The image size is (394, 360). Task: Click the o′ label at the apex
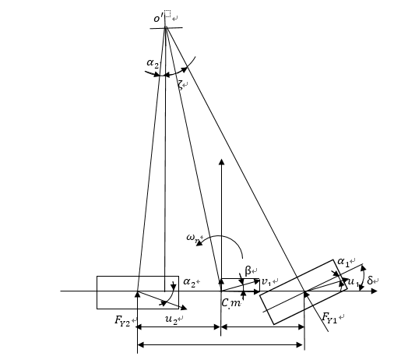(x=158, y=18)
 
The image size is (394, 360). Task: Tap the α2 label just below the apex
(x=153, y=63)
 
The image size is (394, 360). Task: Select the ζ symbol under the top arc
(x=181, y=85)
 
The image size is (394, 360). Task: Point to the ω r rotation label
(x=193, y=238)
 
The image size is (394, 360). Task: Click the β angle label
(x=248, y=271)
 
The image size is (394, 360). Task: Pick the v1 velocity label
(x=266, y=281)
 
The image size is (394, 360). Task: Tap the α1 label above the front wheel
(x=343, y=262)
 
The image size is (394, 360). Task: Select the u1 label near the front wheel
(x=354, y=282)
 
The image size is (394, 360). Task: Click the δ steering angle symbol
(x=370, y=281)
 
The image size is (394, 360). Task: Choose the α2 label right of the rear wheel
(x=189, y=282)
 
